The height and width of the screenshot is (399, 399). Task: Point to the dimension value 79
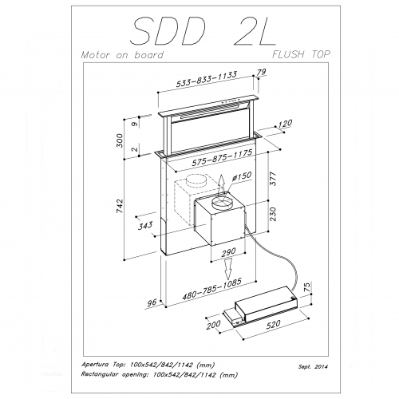[260, 73]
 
